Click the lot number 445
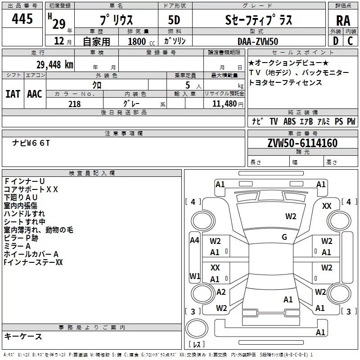22,18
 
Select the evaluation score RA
343,21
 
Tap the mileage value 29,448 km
54,65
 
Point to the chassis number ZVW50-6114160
302,143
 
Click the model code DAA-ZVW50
258,41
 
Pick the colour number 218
74,104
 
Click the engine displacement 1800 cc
141,41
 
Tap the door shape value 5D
174,20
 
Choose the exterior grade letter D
335,41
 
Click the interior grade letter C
350,41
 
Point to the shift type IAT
13,94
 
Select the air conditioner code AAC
35,94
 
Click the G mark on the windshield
284,237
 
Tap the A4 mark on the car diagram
194,240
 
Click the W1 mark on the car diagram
195,276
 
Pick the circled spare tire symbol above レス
197,328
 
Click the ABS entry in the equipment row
289,121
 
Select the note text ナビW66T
31,143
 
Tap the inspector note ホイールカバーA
31,254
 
